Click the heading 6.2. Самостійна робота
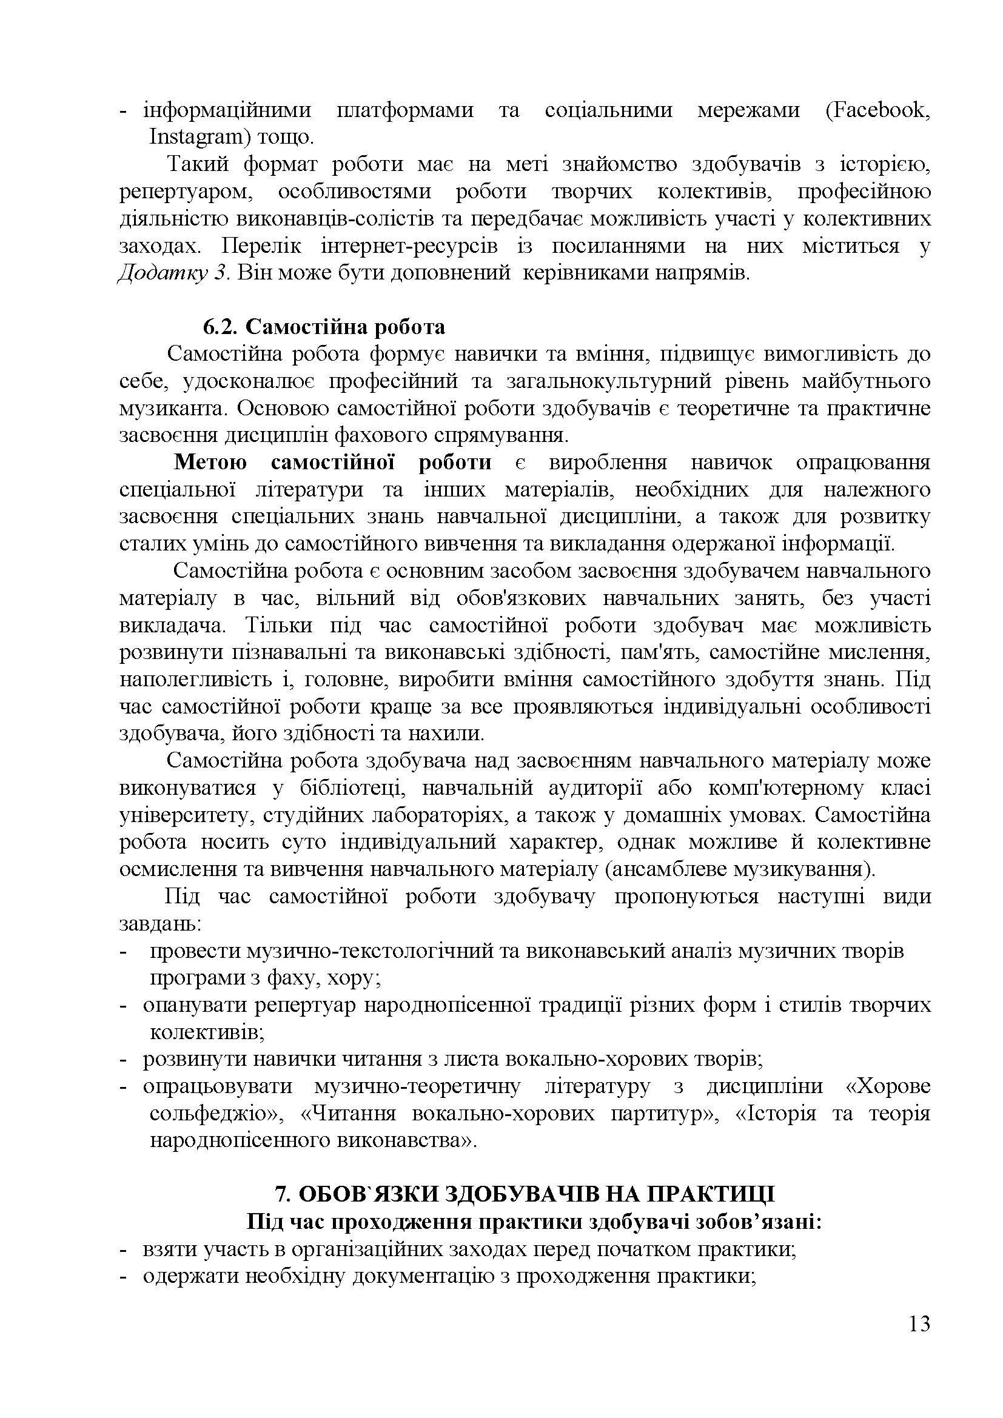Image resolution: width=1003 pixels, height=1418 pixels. [324, 327]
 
